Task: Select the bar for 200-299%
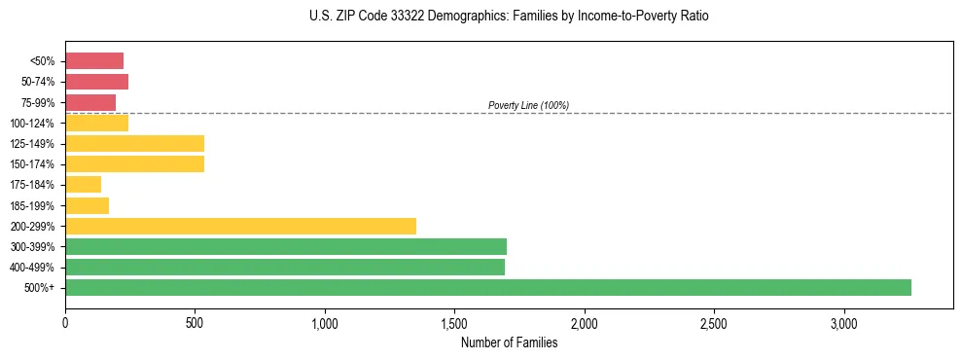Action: coord(240,226)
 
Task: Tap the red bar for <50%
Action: coord(94,61)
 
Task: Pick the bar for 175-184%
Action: coord(83,184)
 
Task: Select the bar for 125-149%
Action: coord(134,143)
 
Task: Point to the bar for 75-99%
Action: coord(90,102)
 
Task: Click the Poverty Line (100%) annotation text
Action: coord(528,105)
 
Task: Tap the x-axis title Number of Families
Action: coord(509,342)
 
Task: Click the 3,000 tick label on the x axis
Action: coord(843,322)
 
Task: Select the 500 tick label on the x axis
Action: coord(195,322)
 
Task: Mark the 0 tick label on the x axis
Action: coord(65,322)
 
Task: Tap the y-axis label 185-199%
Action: coord(37,205)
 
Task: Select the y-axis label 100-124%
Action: coord(37,123)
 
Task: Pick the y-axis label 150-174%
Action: coord(37,163)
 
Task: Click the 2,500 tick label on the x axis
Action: coord(714,322)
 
